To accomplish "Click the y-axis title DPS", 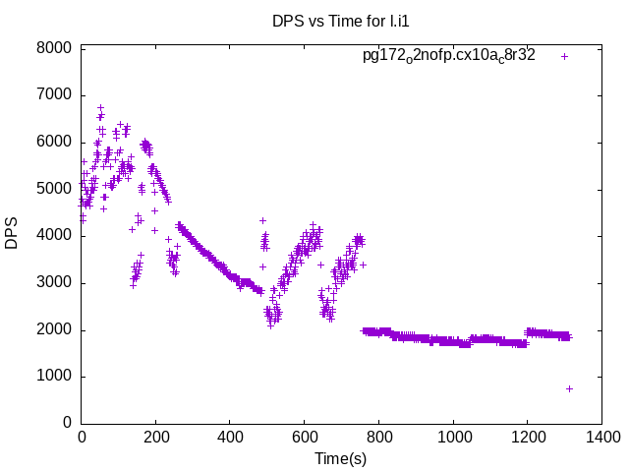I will (x=12, y=235).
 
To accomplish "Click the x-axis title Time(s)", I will (x=341, y=459).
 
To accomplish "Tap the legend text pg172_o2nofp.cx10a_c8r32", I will (x=448, y=55).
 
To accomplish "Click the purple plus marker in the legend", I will (x=564, y=56).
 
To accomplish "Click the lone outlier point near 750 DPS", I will (x=569, y=388).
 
